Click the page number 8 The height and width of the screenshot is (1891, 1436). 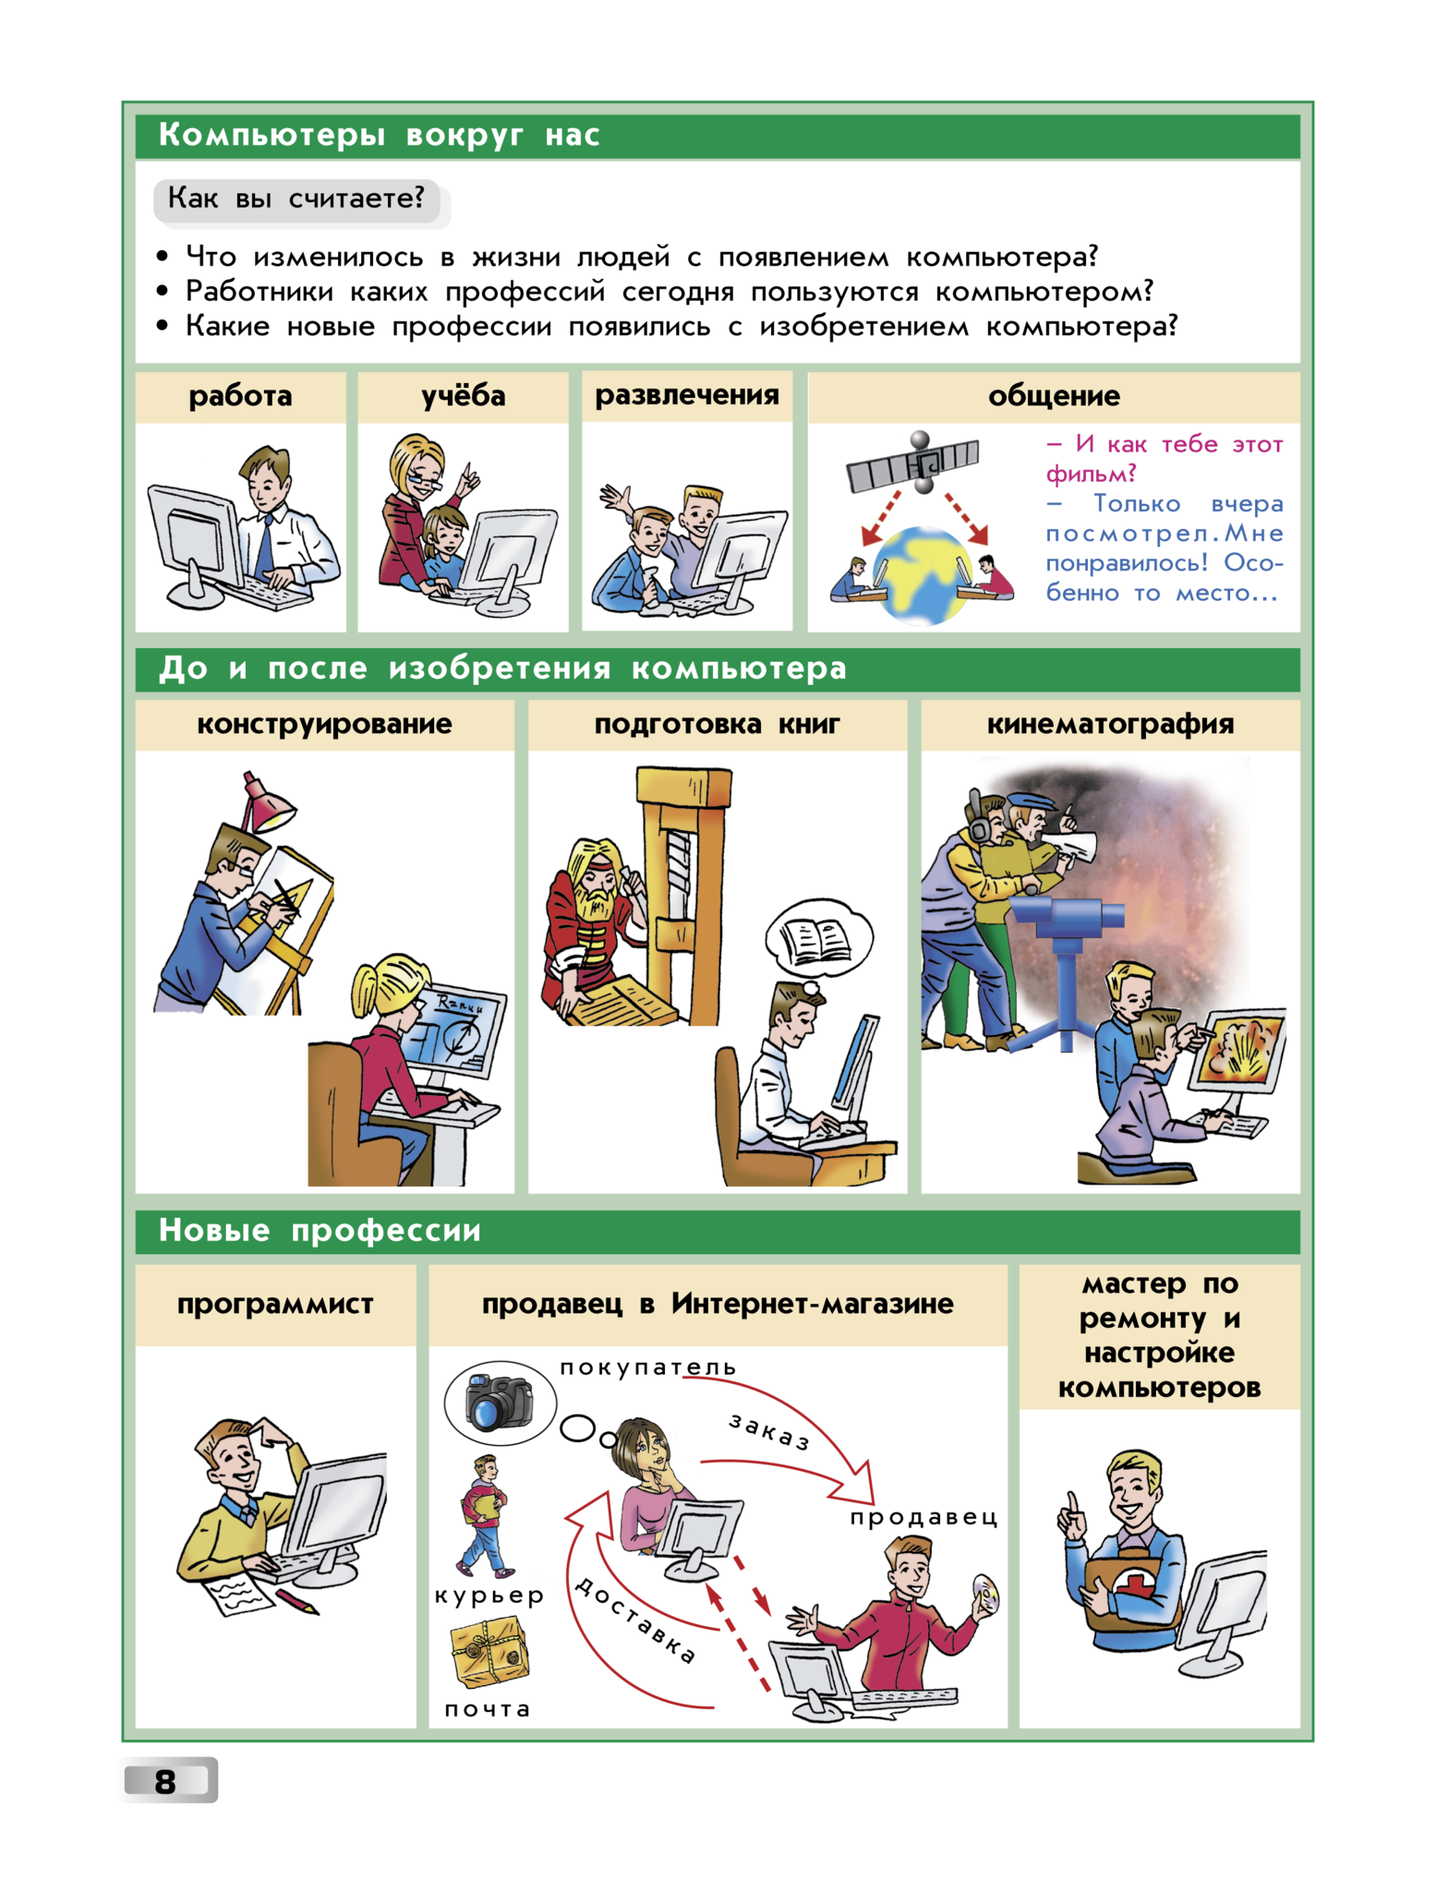pyautogui.click(x=165, y=1781)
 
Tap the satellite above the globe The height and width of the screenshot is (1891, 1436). pyautogui.click(x=913, y=462)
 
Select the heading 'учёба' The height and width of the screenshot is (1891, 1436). pyautogui.click(x=464, y=396)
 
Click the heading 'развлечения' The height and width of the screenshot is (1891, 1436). pyautogui.click(x=687, y=395)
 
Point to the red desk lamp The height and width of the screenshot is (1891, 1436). pyautogui.click(x=267, y=804)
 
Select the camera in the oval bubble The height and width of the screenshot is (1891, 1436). pyautogui.click(x=500, y=1402)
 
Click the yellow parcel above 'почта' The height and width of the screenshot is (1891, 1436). pyautogui.click(x=489, y=1655)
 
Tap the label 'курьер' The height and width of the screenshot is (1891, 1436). pyautogui.click(x=489, y=1596)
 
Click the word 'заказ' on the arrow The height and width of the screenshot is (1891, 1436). pyautogui.click(x=769, y=1431)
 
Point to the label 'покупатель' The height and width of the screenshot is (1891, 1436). pyautogui.click(x=648, y=1367)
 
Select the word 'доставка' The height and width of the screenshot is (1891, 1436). pyautogui.click(x=635, y=1620)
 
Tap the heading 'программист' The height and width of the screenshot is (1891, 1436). pyautogui.click(x=275, y=1304)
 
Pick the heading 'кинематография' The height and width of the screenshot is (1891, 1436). pyautogui.click(x=1110, y=724)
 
